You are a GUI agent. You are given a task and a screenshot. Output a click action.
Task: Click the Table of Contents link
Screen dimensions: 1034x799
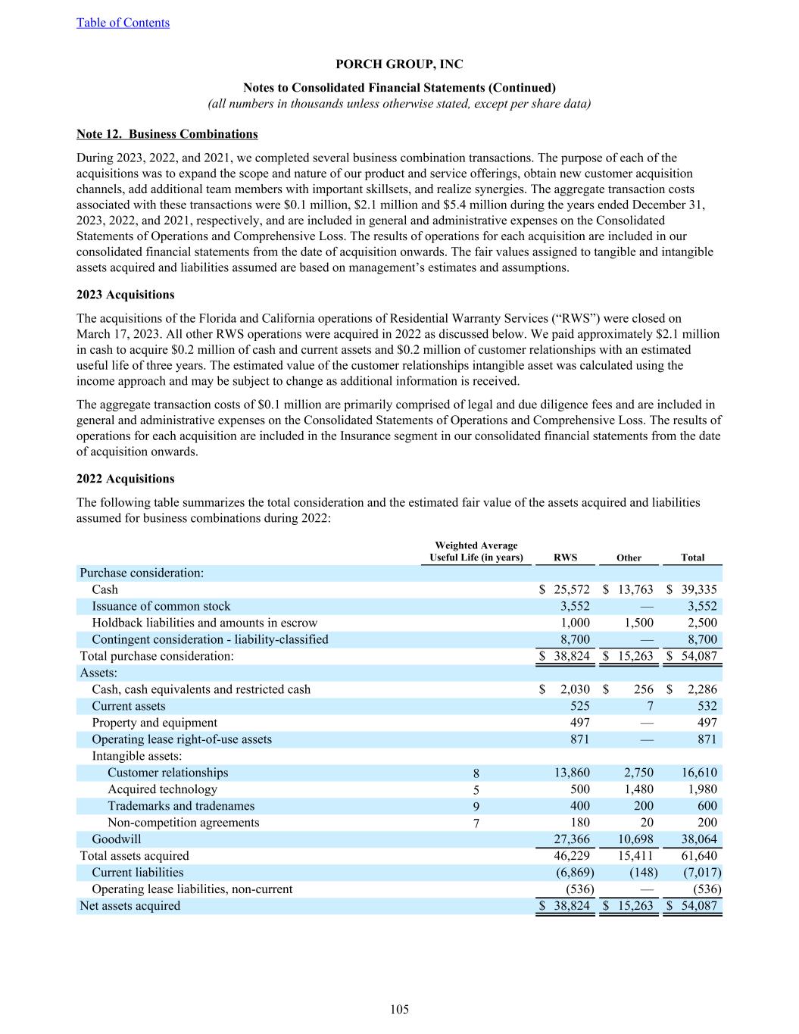(123, 23)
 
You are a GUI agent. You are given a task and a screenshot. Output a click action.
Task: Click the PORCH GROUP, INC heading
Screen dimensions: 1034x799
(399, 64)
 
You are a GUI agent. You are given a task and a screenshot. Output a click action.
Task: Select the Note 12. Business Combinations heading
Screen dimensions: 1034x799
(167, 134)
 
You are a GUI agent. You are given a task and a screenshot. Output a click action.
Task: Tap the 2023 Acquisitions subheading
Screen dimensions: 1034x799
(125, 295)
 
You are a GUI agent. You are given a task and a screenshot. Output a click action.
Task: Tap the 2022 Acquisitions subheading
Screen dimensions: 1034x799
(125, 479)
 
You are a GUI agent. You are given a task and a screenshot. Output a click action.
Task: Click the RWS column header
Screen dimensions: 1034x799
(565, 558)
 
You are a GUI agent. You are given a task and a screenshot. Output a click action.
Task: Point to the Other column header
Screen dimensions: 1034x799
(629, 558)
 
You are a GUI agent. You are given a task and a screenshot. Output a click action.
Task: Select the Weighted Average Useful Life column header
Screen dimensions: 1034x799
(476, 551)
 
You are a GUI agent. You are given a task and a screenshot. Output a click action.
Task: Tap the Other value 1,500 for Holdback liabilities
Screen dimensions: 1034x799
(638, 623)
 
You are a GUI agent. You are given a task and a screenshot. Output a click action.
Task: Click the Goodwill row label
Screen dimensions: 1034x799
(116, 839)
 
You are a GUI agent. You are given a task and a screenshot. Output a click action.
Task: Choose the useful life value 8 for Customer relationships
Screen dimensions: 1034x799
(476, 773)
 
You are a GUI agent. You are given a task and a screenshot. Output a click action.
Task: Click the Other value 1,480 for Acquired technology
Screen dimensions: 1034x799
(638, 789)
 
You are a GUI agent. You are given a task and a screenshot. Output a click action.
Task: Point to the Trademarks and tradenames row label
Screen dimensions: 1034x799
(181, 806)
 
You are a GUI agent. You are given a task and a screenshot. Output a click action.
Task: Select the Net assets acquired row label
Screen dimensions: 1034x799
(130, 906)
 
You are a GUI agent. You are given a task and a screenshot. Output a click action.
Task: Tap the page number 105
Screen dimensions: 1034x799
(399, 1009)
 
